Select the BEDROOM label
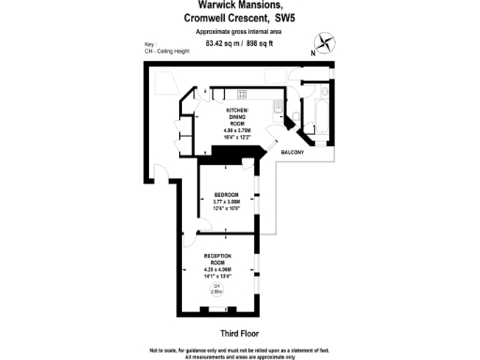tap(226, 196)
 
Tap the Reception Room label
tap(217, 259)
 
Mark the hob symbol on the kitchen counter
tap(241, 94)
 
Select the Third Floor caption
tap(239, 333)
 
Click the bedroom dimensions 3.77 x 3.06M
tap(226, 202)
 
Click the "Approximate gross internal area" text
tap(239, 31)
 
